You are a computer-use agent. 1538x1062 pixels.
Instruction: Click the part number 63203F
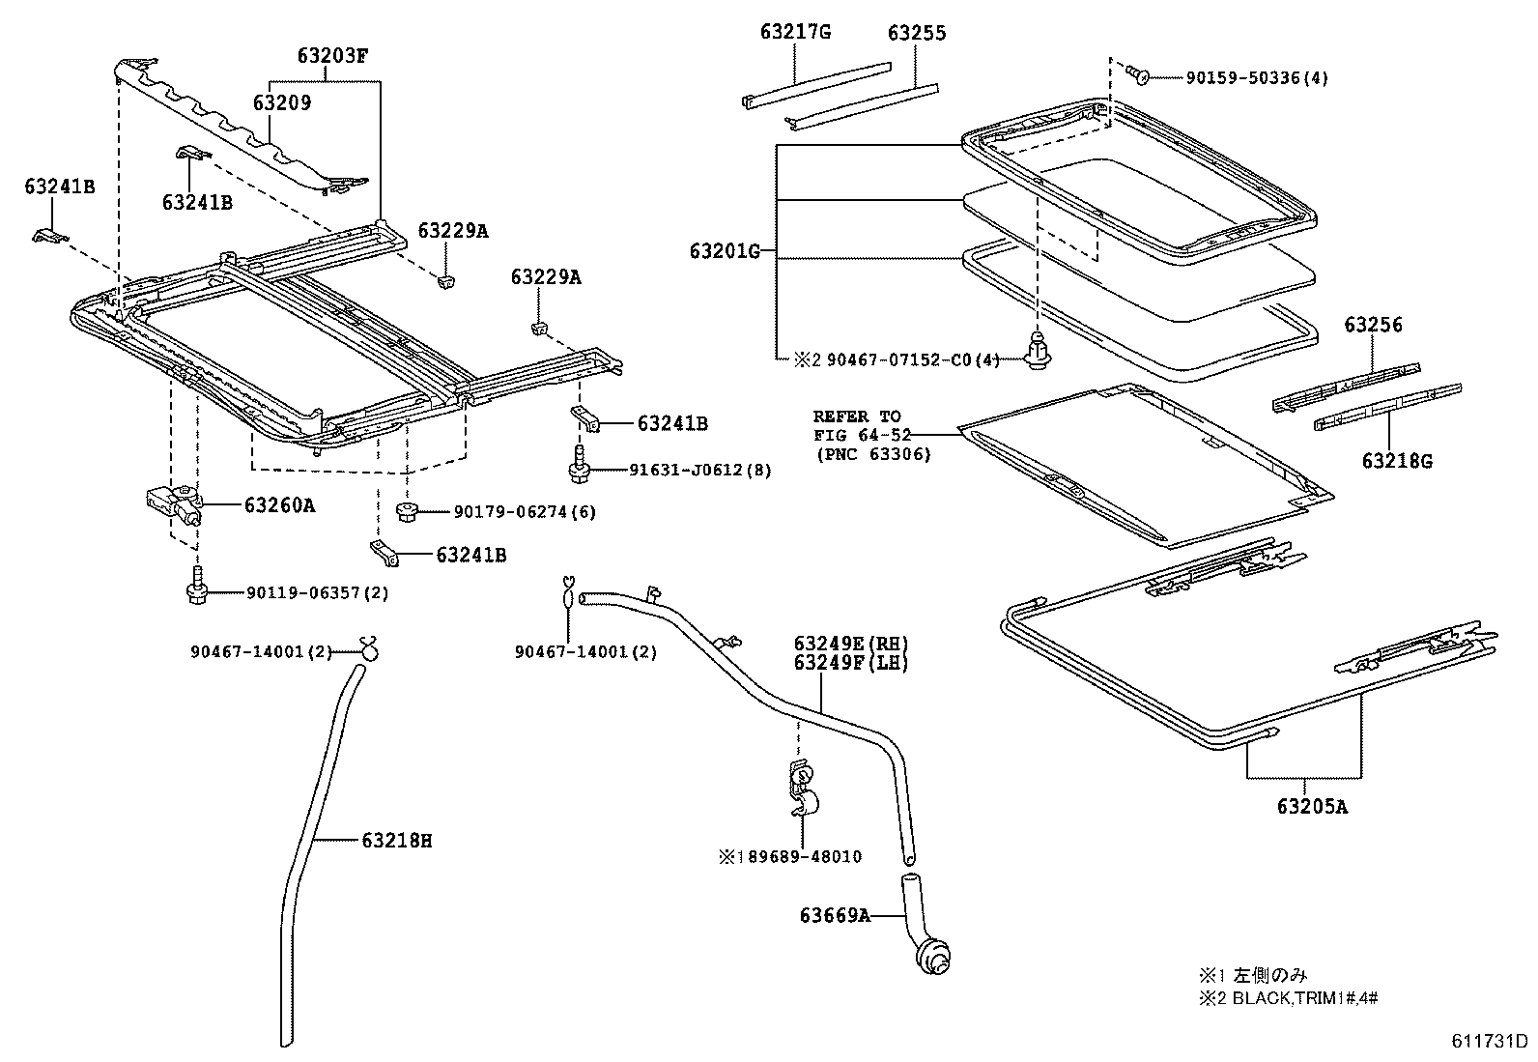pyautogui.click(x=332, y=55)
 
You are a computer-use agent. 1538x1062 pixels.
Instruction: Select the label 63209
pyautogui.click(x=282, y=102)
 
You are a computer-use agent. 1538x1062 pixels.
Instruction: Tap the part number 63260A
pyautogui.click(x=279, y=504)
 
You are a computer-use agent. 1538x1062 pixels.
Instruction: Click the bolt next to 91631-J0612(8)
pyautogui.click(x=580, y=468)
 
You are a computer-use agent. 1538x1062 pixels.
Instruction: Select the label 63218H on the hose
pyautogui.click(x=397, y=841)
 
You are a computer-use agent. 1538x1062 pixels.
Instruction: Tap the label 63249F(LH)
pyautogui.click(x=851, y=663)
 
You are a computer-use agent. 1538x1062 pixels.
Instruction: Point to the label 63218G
pyautogui.click(x=1397, y=461)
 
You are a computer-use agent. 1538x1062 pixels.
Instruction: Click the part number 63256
pyautogui.click(x=1372, y=326)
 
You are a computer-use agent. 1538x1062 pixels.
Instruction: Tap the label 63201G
pyautogui.click(x=724, y=252)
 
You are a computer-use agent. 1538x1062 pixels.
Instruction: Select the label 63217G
pyautogui.click(x=794, y=33)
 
